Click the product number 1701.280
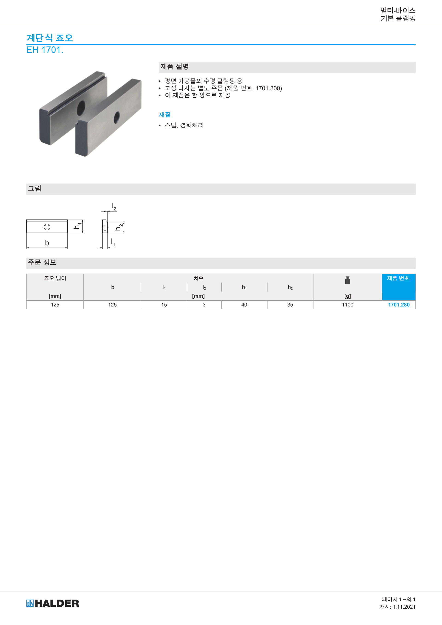[x=398, y=305]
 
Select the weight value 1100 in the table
[x=348, y=305]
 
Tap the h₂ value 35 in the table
[x=290, y=305]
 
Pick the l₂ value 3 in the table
[x=204, y=305]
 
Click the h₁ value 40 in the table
[x=244, y=305]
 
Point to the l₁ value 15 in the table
[x=164, y=305]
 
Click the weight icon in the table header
[x=348, y=280]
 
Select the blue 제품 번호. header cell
[x=399, y=287]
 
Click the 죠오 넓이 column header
[x=55, y=278]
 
